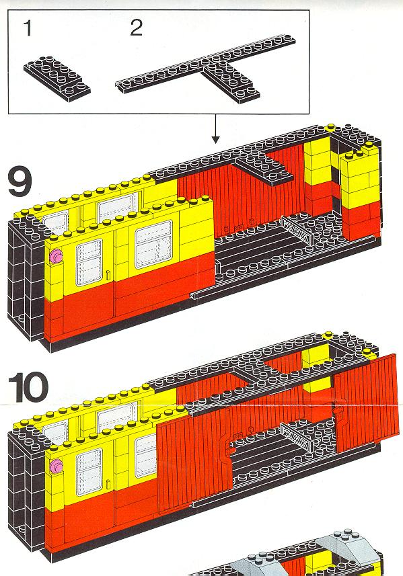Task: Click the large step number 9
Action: [20, 182]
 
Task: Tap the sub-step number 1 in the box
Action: [28, 28]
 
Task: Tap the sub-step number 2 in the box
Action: [136, 28]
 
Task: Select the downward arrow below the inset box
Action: [216, 128]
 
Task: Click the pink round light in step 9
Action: [57, 256]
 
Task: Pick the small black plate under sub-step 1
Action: [57, 78]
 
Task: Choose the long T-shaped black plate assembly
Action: [206, 70]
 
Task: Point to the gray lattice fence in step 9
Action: [298, 231]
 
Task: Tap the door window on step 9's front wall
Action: [89, 263]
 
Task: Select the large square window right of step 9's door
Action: [153, 244]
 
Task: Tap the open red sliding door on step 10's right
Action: [367, 402]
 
